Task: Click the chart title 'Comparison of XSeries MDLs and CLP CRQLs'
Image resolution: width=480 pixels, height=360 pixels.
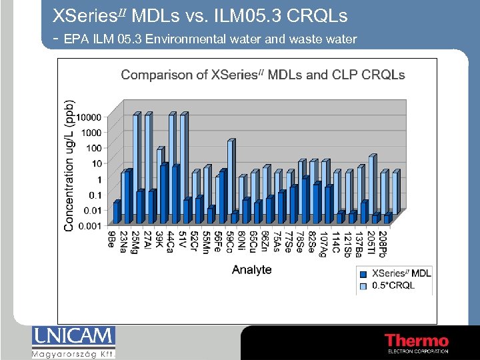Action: coord(263,75)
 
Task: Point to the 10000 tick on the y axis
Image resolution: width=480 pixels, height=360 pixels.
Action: coord(88,117)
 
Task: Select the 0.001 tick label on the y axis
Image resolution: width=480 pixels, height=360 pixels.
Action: coord(90,226)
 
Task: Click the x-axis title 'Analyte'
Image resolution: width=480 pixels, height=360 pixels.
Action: coord(251,269)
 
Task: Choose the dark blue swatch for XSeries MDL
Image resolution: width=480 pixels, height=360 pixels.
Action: coord(363,274)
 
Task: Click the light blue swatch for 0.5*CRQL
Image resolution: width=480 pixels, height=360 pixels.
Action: coord(363,285)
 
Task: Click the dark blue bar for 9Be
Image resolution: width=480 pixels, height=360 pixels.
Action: coord(117,212)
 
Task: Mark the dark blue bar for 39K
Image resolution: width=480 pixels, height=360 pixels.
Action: coord(164,193)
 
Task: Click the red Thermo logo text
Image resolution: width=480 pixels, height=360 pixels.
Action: coord(416,341)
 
